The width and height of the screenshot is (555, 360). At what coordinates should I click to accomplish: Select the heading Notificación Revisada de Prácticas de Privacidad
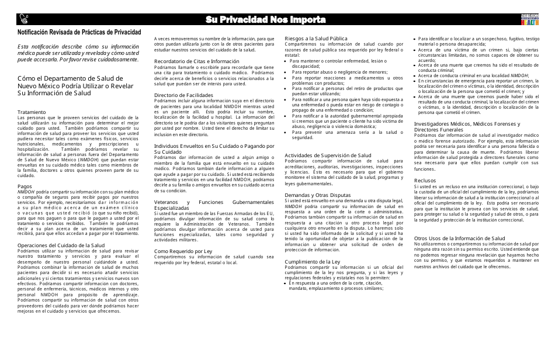point(78,34)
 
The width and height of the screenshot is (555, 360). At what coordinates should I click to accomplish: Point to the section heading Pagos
point(25,186)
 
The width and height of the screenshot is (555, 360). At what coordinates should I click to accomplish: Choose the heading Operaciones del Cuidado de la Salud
point(61,245)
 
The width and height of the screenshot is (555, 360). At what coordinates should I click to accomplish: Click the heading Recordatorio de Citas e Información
point(197,61)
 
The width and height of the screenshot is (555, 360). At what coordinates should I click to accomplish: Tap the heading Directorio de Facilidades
point(183,95)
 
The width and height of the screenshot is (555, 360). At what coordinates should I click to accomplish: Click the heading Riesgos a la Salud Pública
point(316,39)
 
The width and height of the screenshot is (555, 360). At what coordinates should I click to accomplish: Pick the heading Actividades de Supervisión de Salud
point(328,155)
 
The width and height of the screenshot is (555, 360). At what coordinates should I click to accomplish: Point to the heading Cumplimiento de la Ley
point(312,261)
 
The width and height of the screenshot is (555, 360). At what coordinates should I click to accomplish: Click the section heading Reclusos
point(425,181)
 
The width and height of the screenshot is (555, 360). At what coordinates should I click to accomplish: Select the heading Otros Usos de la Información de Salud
point(459,238)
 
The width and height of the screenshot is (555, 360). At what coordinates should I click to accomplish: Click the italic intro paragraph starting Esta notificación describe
point(78,53)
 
